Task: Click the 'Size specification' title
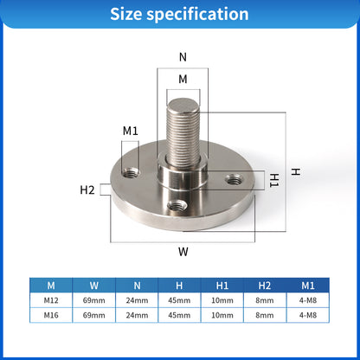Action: [180, 15]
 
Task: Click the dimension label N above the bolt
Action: [182, 57]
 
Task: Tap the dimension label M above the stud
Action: [183, 79]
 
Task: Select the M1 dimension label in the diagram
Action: [131, 131]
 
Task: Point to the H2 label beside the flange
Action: [87, 190]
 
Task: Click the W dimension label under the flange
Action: [183, 253]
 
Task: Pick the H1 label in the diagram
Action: [273, 179]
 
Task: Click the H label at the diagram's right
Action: [296, 172]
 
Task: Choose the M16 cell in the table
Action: [51, 314]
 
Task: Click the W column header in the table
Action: [94, 283]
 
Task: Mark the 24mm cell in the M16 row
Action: [138, 314]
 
